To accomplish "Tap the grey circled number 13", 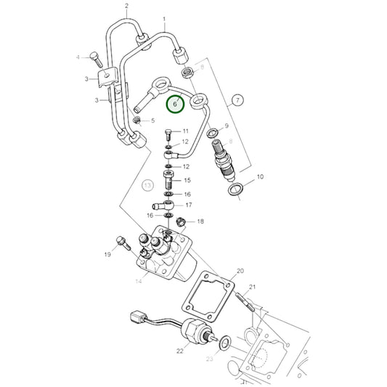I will pos(147,187).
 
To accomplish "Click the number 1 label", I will pos(164,19).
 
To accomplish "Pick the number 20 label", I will pos(240,272).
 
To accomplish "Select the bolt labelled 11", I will pos(168,134).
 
